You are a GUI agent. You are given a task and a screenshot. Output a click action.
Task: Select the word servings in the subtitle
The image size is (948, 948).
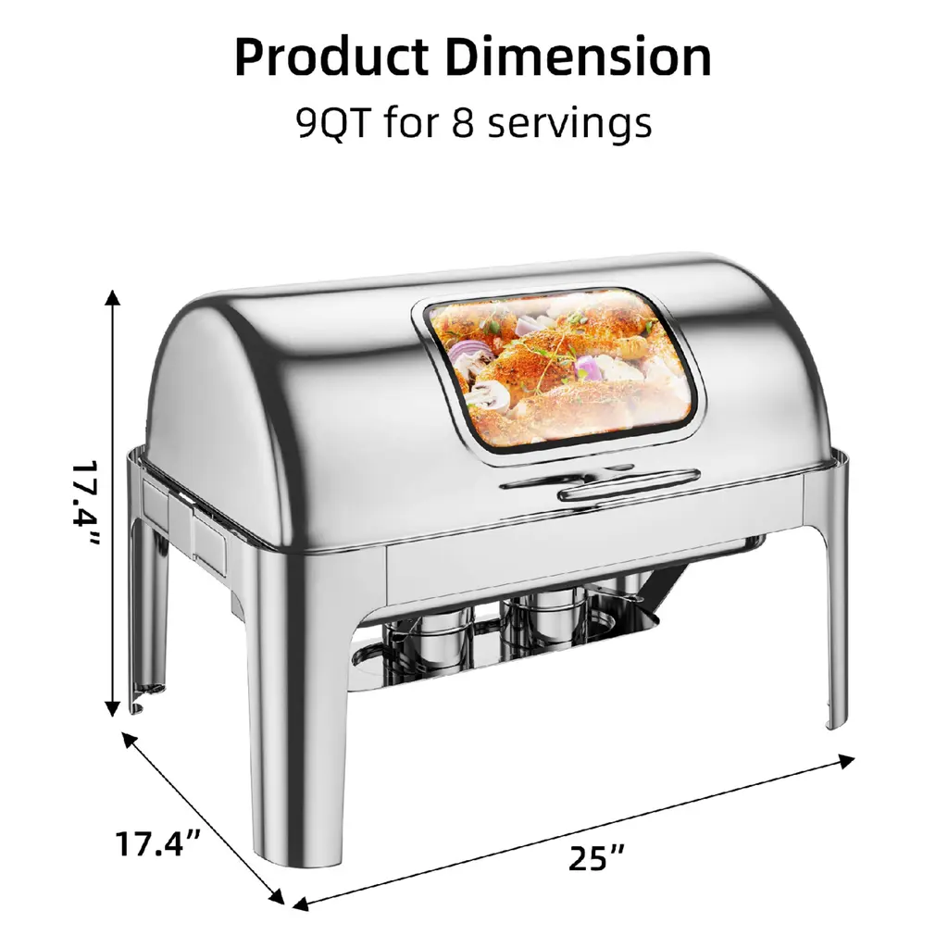click(569, 124)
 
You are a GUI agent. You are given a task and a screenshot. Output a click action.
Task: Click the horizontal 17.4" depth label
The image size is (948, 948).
click(157, 843)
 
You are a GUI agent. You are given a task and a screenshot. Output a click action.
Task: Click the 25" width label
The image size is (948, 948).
click(596, 858)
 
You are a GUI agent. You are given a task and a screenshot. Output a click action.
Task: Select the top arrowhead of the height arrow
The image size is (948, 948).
click(112, 296)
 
